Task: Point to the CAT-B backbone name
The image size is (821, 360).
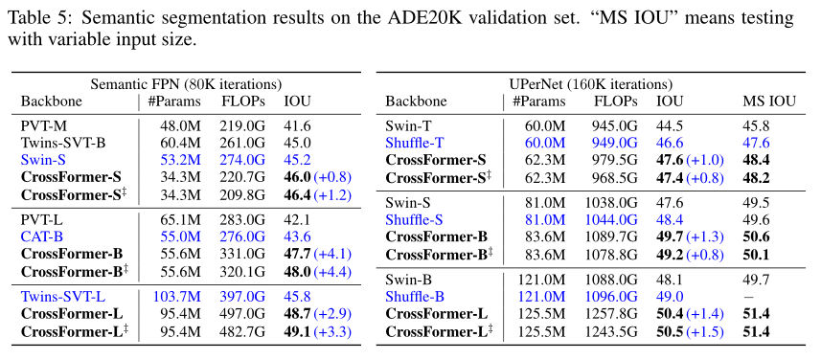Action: coord(44,235)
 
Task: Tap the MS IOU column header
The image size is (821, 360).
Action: coord(768,101)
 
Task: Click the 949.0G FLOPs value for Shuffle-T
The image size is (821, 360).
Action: coord(614,143)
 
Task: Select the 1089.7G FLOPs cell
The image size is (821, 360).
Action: coord(610,236)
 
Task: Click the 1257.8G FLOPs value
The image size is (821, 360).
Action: coord(610,313)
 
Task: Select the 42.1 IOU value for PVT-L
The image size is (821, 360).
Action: coord(298,219)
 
